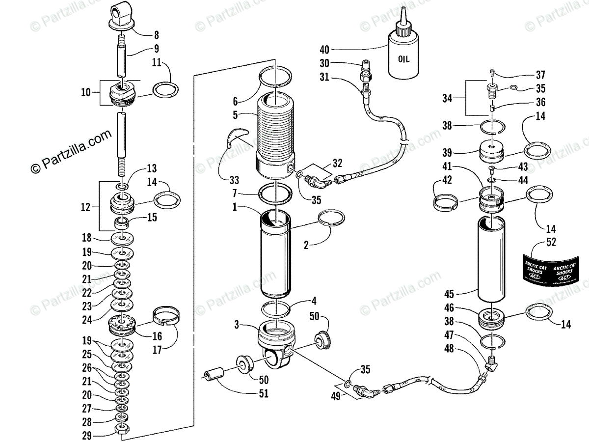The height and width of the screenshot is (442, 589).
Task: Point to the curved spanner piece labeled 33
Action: coord(236,140)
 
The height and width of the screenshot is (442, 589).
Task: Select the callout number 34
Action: coord(447,98)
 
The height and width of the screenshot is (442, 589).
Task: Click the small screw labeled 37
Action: coord(492,74)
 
